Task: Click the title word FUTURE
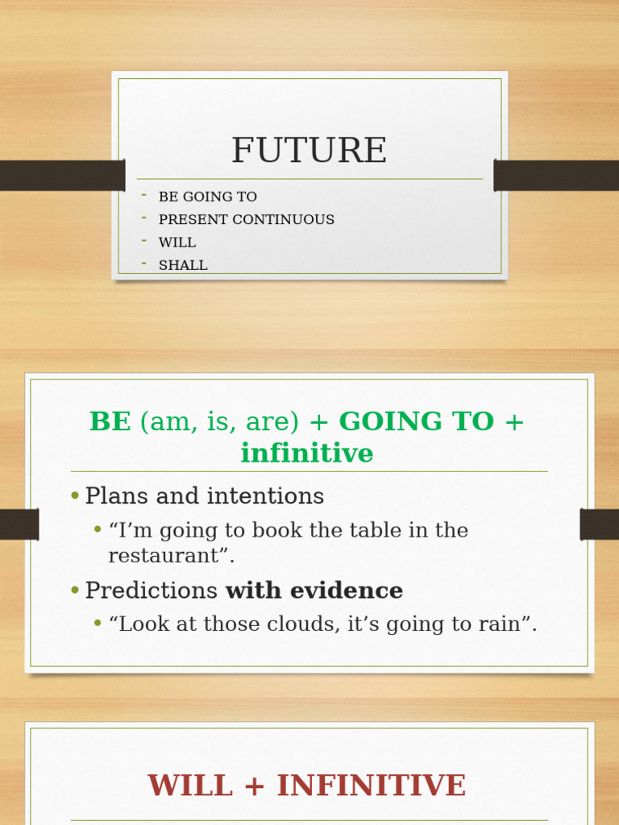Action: (309, 151)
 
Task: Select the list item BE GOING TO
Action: (207, 197)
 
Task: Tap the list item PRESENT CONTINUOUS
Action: (246, 220)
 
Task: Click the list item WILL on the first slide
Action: (177, 243)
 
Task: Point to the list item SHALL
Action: (183, 265)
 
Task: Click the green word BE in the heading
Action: (110, 421)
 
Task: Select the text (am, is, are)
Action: (220, 421)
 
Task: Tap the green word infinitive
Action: (307, 454)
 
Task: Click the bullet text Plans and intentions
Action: (204, 496)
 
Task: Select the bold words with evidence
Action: (314, 591)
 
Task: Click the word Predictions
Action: (152, 591)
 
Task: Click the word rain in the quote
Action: (501, 624)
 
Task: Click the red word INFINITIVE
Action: (371, 786)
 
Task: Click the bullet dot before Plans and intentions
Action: (75, 496)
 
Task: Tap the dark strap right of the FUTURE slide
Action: (556, 175)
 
